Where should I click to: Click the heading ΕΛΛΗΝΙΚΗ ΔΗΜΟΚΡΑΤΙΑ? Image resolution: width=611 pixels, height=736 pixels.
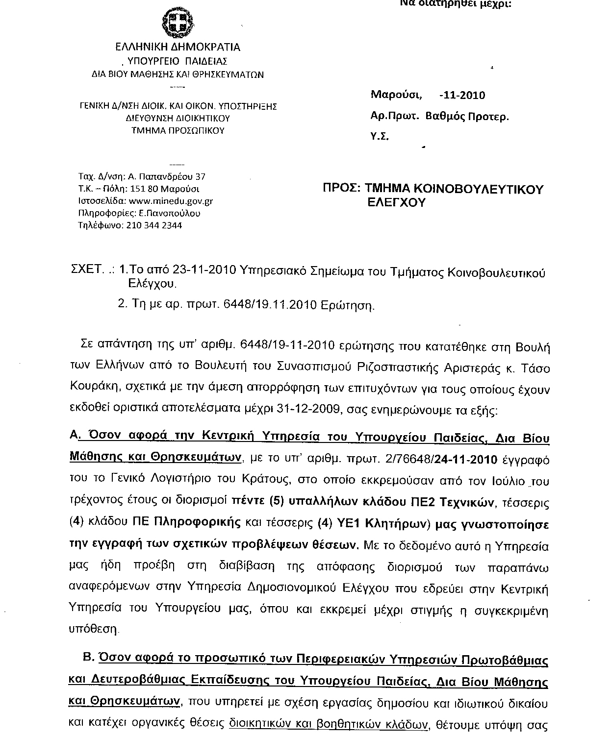coord(178,48)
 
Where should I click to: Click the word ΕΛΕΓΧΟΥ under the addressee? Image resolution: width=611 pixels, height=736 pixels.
coord(397,203)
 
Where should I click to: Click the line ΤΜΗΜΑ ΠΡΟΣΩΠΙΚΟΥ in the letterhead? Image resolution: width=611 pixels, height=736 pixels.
coord(178,131)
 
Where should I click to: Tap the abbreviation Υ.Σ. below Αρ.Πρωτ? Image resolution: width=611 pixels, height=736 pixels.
coord(380,138)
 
